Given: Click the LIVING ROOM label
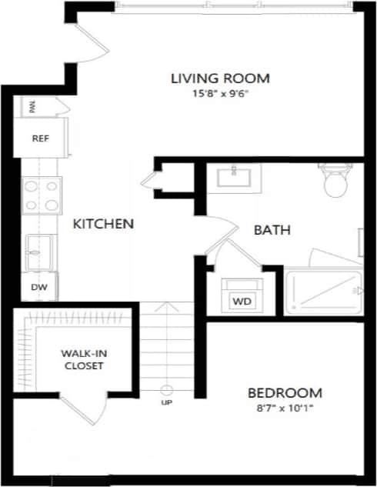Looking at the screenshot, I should pos(220,78).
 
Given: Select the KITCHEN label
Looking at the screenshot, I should pos(103,224).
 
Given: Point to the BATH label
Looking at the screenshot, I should pos(272,229).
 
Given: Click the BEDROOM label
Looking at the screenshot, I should pos(284,392).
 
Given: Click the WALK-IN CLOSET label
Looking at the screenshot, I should pos(82,359).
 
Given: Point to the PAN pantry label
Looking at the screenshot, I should pos(32,106).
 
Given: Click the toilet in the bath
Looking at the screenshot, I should pos(335,182).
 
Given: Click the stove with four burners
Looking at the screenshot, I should pos(41,195).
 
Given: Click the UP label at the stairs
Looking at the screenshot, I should pos(166,402).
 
